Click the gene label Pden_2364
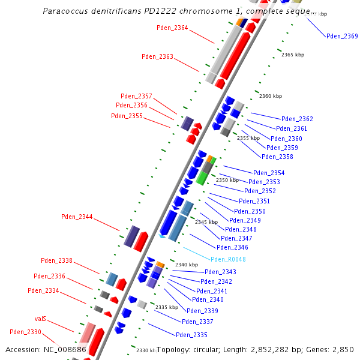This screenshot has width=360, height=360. (x=172, y=28)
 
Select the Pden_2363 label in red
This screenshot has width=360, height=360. (x=157, y=56)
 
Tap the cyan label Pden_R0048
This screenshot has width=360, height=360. (x=228, y=259)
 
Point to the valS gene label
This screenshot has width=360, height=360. (x=40, y=319)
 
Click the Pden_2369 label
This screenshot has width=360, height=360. (x=342, y=36)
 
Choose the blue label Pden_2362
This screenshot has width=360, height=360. (x=297, y=119)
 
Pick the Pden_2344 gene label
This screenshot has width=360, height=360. (x=77, y=217)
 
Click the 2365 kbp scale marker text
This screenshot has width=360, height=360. (x=293, y=55)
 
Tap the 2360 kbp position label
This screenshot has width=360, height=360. (x=270, y=96)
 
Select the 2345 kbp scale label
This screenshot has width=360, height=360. (x=206, y=222)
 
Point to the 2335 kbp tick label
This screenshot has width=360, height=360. (x=167, y=307)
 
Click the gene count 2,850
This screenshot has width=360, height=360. (x=343, y=349)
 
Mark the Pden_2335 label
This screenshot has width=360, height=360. (x=191, y=335)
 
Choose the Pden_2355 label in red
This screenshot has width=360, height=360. (x=127, y=116)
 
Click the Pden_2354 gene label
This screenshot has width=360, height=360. (x=269, y=173)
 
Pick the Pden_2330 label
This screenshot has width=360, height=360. (x=25, y=332)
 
